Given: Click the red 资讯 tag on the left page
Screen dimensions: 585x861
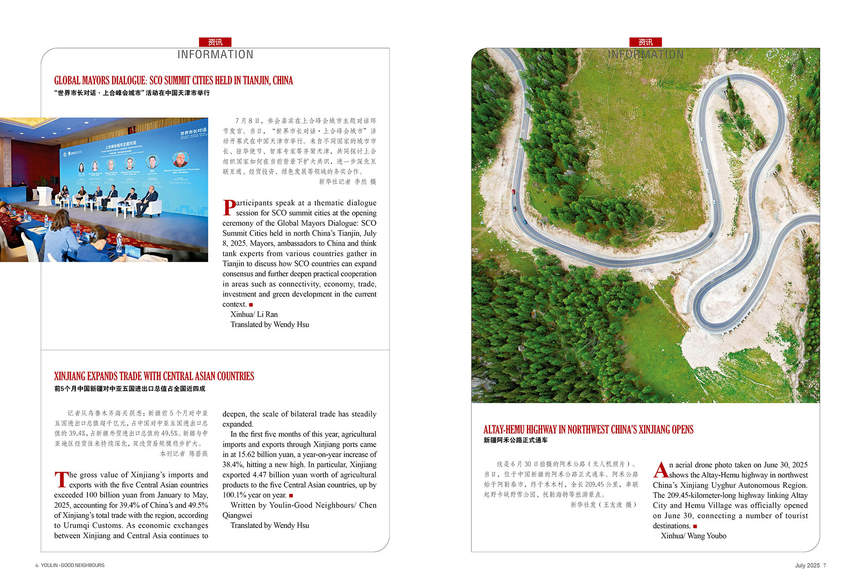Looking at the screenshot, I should coord(215,42).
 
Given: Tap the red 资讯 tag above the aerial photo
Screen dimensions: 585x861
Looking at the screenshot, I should coord(645,42).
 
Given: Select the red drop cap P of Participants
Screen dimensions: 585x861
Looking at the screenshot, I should coord(229,207).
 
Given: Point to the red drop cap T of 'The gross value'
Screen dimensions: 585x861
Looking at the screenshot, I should coord(61,479).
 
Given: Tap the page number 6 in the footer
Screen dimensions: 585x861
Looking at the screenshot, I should coord(37,566).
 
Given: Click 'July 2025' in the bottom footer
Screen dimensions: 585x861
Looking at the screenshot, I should coord(807,566).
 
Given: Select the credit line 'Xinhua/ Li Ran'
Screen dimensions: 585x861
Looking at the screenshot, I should coord(254,314).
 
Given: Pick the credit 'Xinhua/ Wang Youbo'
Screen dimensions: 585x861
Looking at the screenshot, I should coord(693,536).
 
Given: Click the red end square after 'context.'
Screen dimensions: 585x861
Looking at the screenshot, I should coord(251,305).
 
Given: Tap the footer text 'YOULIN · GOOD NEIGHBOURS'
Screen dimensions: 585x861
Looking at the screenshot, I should coord(73,566).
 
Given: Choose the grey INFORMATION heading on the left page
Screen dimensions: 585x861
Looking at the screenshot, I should coord(215,55).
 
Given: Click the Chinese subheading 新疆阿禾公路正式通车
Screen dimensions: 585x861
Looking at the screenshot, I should coord(515,440).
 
